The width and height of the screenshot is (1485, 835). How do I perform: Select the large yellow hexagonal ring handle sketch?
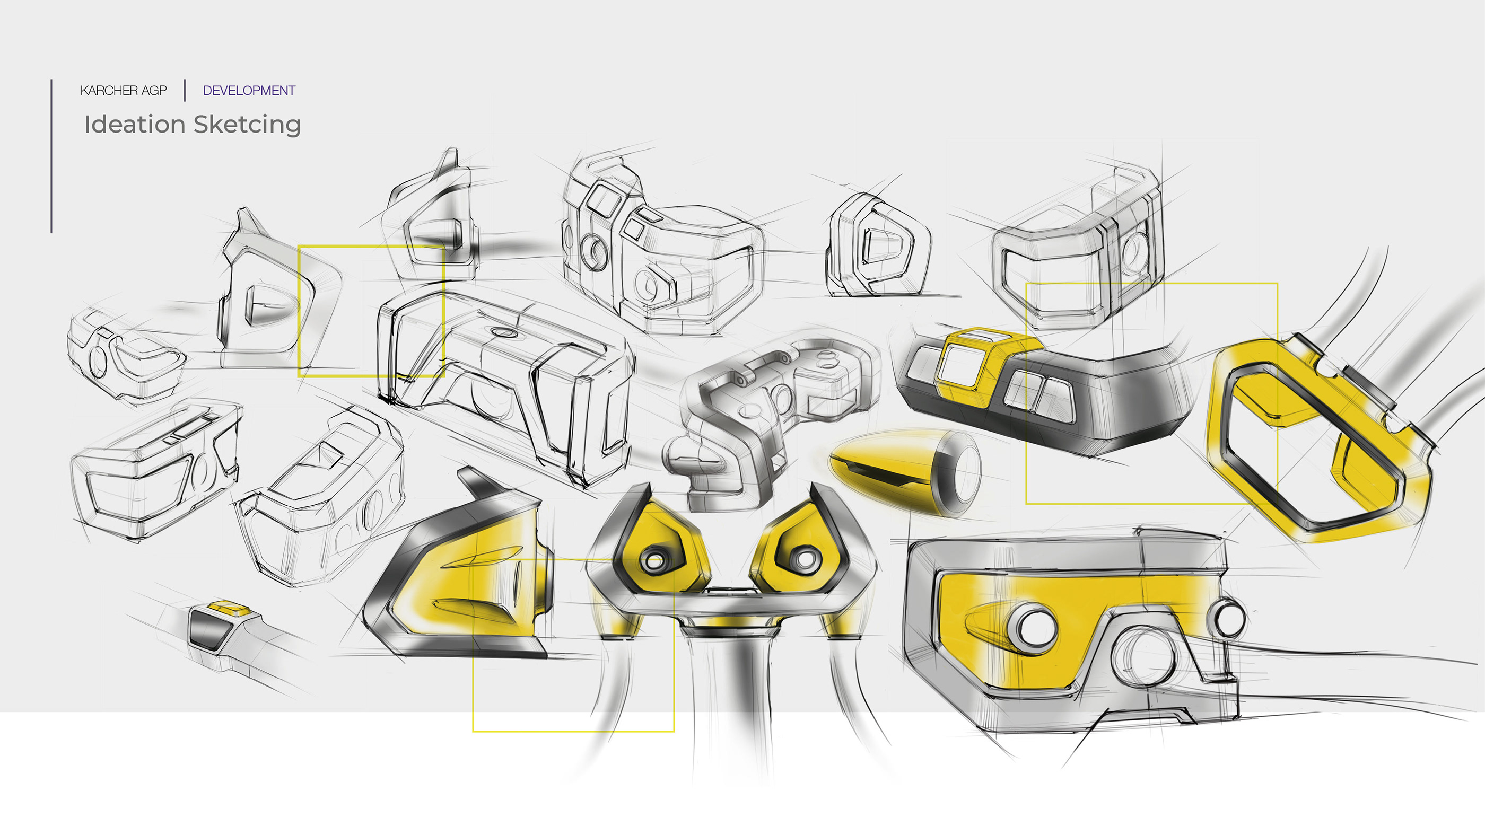(x=1320, y=438)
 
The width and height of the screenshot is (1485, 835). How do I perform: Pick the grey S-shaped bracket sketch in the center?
(x=767, y=415)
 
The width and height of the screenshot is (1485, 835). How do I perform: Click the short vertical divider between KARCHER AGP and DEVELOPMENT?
(x=185, y=91)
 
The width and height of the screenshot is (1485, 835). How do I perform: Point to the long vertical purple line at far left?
(x=51, y=155)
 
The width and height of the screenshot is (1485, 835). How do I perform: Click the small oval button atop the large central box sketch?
(x=503, y=332)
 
